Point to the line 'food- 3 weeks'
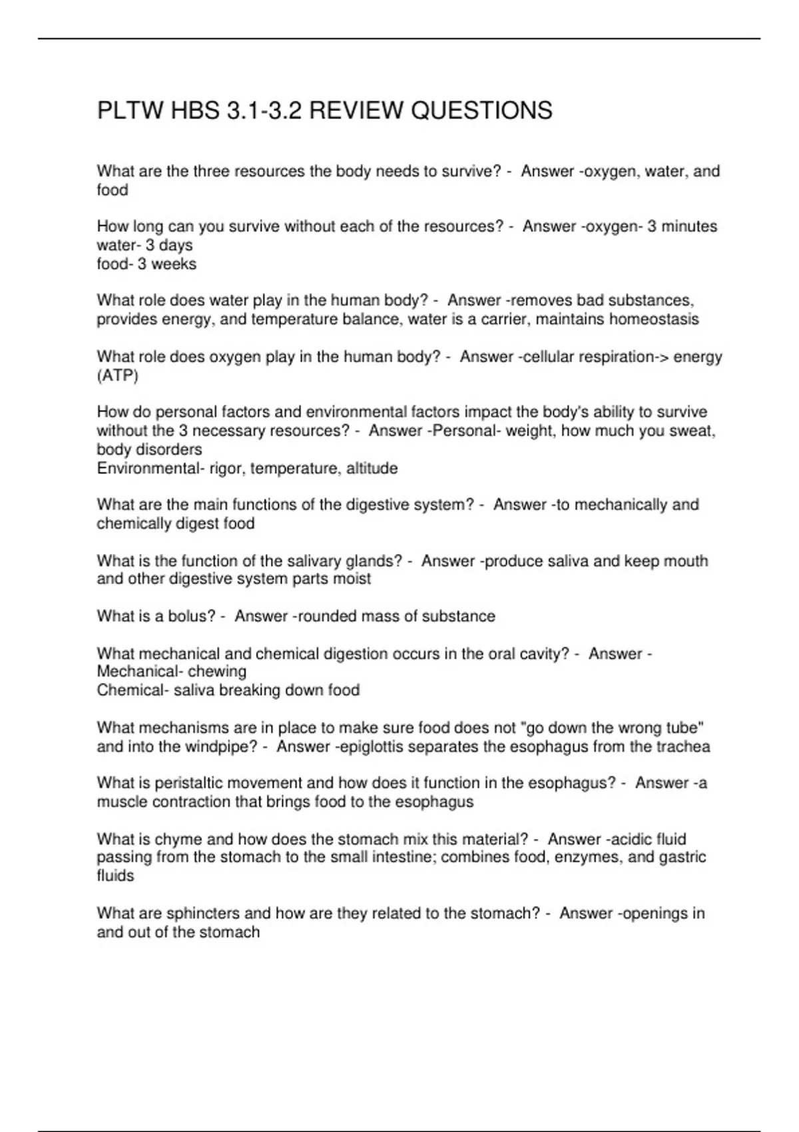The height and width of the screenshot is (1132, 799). tap(146, 264)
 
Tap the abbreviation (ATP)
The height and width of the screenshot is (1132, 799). tap(117, 376)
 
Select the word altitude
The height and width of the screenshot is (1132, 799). tap(372, 469)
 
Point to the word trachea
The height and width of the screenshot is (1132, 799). tap(683, 747)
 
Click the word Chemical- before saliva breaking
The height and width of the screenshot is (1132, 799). tap(133, 691)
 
